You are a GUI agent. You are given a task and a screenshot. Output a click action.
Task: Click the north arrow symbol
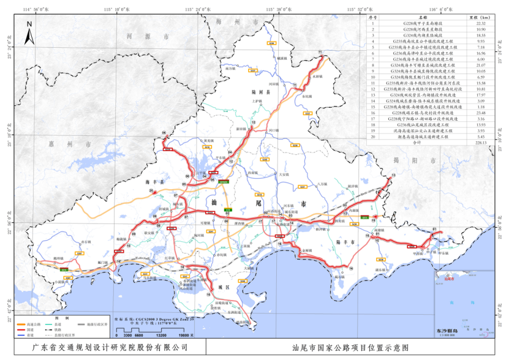pos(29,33)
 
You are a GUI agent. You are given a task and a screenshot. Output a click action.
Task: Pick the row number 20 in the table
pos(371,137)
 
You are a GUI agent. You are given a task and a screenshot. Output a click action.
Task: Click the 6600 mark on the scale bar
pos(139,336)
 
